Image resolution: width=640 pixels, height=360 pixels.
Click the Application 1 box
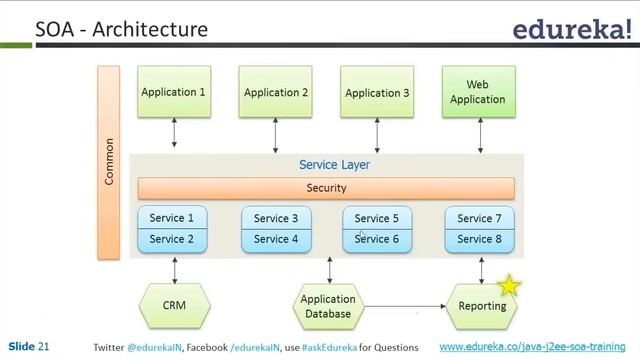[174, 92]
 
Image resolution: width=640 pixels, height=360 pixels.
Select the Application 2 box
[276, 92]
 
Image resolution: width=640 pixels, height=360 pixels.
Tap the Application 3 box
[377, 92]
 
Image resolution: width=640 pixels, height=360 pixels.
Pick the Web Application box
[478, 92]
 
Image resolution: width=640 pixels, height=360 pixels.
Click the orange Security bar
[326, 188]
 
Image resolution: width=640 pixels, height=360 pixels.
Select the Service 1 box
[173, 218]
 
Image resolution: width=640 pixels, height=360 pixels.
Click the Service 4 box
[276, 240]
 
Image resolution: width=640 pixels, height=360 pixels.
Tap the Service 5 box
[377, 218]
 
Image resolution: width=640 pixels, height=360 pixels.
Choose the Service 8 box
[479, 240]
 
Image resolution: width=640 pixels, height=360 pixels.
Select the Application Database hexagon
[328, 306]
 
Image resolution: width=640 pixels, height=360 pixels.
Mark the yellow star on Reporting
[510, 287]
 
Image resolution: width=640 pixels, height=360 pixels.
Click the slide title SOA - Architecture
[122, 29]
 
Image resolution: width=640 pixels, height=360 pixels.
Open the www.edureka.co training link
[535, 346]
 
